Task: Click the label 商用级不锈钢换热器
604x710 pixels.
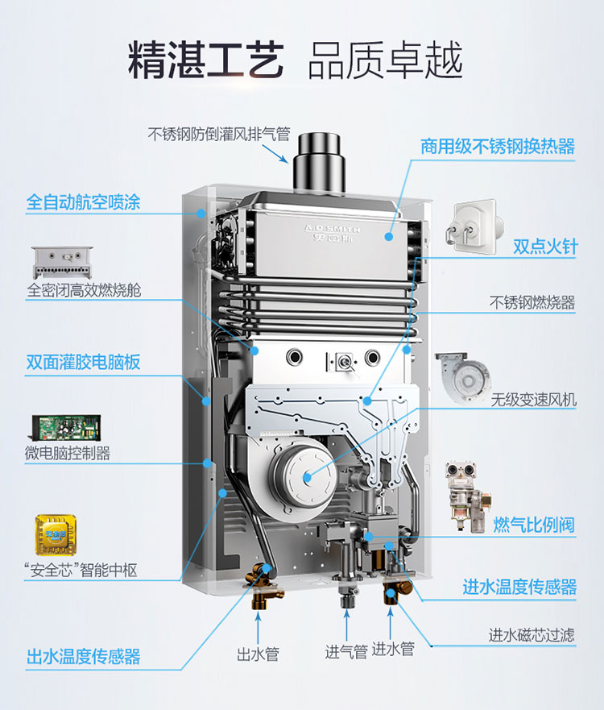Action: point(498,146)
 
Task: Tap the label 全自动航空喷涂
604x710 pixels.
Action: point(83,202)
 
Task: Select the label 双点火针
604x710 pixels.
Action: point(545,247)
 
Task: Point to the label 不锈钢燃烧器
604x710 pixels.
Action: point(532,302)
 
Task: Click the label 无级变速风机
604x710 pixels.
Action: point(534,400)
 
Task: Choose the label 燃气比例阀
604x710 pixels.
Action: point(534,525)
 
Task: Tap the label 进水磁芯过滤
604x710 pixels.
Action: point(532,635)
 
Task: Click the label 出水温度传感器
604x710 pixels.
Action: point(83,656)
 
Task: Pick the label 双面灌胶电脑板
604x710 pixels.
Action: point(83,362)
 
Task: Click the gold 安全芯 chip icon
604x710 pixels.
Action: point(56,535)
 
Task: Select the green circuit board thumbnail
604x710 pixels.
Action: point(66,427)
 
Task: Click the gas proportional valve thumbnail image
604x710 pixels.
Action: point(466,496)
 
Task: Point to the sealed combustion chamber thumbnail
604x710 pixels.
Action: point(63,262)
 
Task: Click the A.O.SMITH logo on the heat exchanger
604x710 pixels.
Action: point(333,233)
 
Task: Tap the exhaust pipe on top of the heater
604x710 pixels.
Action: point(319,162)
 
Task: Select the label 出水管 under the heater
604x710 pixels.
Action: point(258,654)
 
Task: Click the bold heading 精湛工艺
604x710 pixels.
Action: point(206,60)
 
